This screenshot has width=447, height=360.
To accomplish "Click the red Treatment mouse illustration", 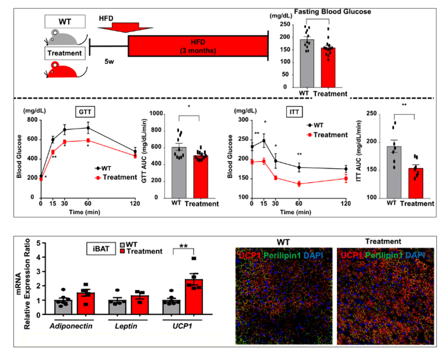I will [x=64, y=70].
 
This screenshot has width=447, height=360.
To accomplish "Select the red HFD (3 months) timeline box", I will [x=198, y=46].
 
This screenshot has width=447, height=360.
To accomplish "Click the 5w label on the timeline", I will [x=109, y=61].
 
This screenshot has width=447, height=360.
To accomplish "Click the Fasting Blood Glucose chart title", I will [x=332, y=11].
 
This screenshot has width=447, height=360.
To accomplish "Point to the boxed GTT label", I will [x=85, y=112].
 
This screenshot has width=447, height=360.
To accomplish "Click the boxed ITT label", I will [x=294, y=112].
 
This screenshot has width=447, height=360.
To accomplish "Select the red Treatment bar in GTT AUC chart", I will [x=201, y=177].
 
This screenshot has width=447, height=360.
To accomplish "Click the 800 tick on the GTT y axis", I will [x=32, y=120].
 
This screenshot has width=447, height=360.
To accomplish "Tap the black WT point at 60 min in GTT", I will [x=88, y=128].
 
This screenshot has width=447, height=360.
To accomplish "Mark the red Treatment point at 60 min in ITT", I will [x=299, y=184].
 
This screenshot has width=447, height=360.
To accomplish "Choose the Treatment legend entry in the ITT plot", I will [x=327, y=135].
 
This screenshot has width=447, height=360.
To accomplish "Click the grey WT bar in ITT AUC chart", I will [x=394, y=172].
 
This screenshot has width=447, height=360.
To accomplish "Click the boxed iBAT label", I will [x=101, y=248].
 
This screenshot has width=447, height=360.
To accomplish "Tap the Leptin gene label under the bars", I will [x=126, y=326].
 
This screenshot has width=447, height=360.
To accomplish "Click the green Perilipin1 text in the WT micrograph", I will [x=282, y=256].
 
